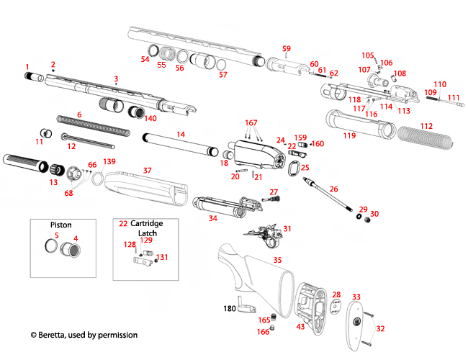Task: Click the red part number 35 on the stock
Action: (x=278, y=259)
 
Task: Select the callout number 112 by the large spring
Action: (x=427, y=126)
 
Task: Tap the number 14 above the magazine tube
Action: (x=181, y=135)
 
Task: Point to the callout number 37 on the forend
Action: (x=147, y=171)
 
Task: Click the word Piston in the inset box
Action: (x=60, y=224)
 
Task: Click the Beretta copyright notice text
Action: (x=84, y=335)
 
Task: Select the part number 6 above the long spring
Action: (x=79, y=114)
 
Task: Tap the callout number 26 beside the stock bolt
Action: (x=333, y=189)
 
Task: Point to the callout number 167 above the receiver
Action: (x=251, y=123)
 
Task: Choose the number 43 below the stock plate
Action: (x=300, y=327)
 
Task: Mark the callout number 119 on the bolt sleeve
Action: (x=349, y=135)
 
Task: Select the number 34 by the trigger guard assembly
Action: (x=213, y=217)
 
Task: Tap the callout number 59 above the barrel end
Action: (x=287, y=49)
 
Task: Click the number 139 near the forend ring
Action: (x=109, y=161)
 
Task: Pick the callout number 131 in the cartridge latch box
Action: (x=163, y=257)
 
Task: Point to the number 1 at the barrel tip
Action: (x=27, y=66)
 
